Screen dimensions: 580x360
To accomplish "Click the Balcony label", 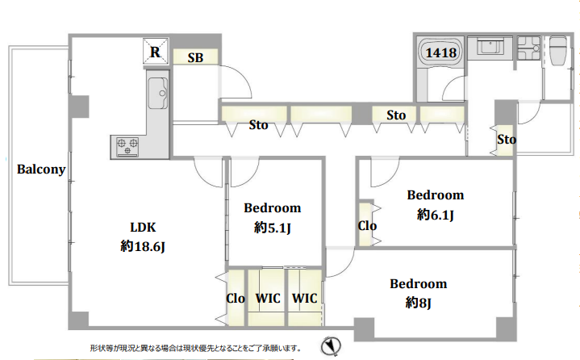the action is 41,170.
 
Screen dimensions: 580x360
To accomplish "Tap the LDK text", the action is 143,227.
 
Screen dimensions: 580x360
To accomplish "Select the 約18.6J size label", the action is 143,246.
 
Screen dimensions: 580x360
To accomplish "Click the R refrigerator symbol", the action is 156,52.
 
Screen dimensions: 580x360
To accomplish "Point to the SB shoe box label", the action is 195,58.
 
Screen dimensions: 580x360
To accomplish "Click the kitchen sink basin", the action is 158,94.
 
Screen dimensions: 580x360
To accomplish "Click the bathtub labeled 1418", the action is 440,52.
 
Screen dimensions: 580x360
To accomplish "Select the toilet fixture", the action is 558,51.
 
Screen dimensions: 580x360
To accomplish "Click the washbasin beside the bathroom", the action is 490,48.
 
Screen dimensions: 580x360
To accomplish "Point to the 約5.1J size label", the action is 272,228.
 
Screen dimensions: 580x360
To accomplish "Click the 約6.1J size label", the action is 436,215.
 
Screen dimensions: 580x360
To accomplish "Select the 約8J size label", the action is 419,303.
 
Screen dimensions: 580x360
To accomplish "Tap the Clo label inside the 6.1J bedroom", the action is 367,226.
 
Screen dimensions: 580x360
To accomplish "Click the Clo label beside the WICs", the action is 236,298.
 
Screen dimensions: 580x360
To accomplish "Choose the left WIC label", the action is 268,298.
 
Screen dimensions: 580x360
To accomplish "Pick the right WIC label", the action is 304,298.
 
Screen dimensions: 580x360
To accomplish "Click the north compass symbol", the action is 331,346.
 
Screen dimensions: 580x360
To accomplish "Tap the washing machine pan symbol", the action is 528,48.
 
